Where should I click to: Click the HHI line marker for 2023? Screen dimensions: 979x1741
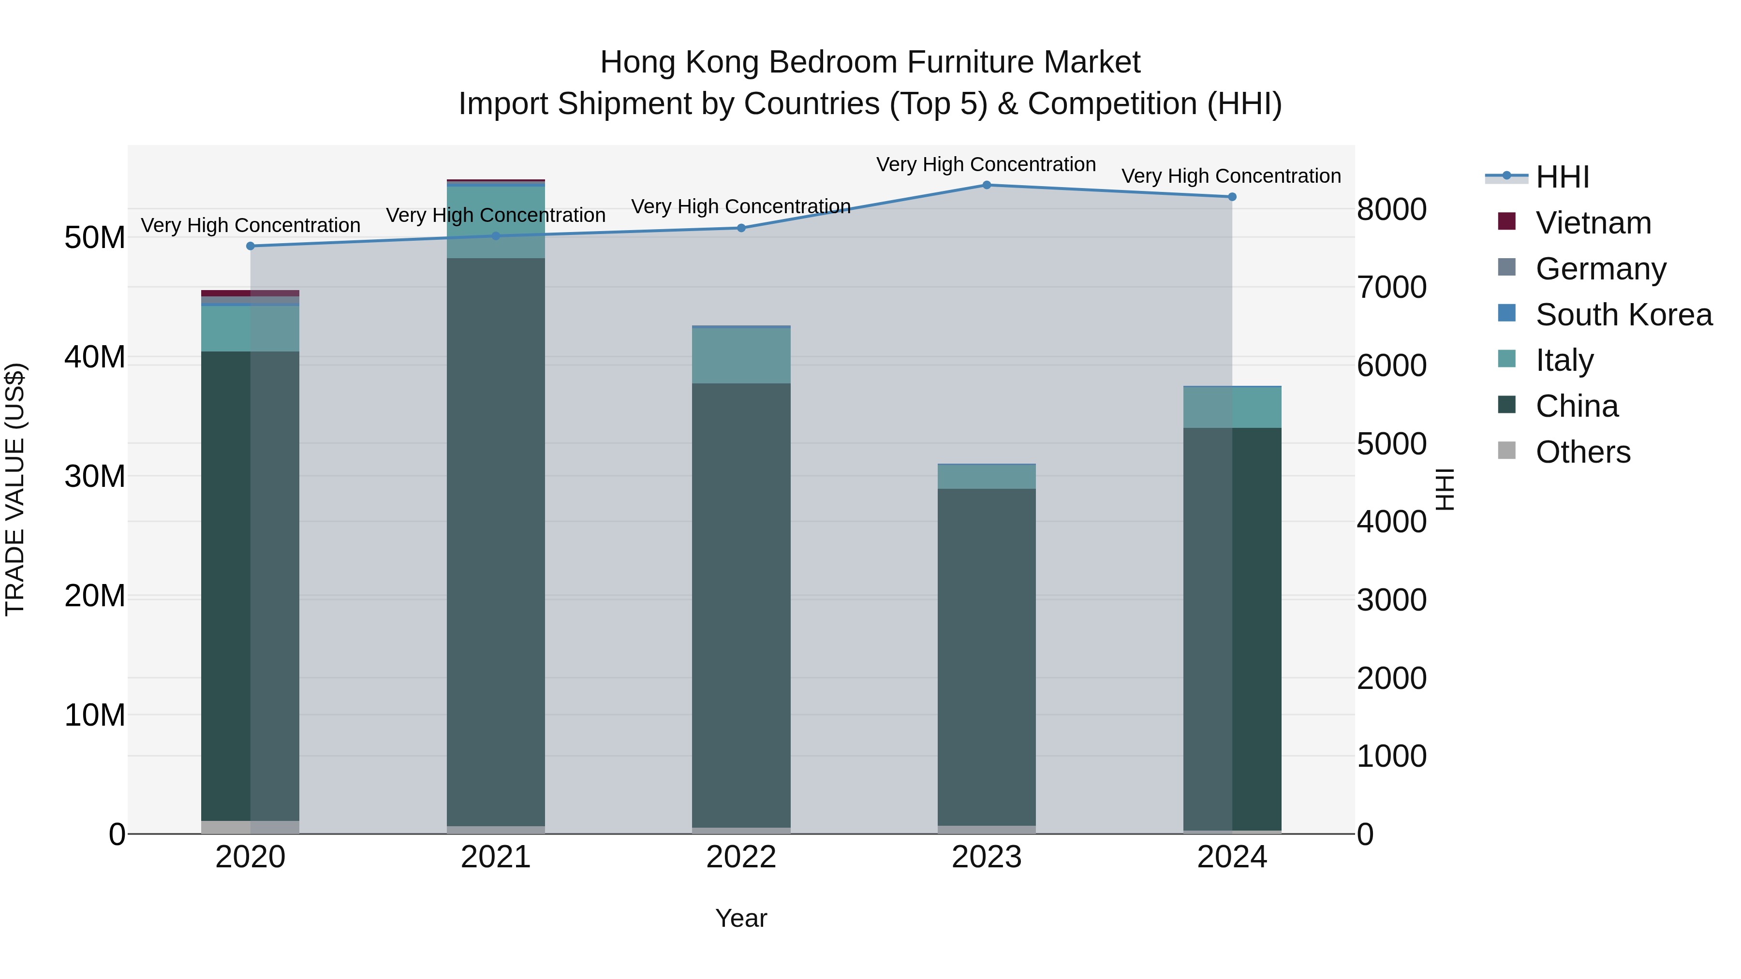point(986,185)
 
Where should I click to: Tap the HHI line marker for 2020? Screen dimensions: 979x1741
point(251,246)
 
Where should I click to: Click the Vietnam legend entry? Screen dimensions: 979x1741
point(1593,223)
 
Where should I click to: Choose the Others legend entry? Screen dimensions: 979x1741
point(1582,452)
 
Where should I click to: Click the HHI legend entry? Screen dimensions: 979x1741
point(1562,177)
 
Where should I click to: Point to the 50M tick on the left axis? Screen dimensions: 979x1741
point(95,238)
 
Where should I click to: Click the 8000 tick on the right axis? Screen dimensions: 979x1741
point(1391,209)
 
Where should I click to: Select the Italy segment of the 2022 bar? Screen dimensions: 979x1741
point(741,356)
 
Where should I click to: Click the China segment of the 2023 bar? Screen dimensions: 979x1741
point(986,656)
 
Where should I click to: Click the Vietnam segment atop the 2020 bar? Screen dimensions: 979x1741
point(251,293)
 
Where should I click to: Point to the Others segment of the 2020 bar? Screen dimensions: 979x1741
point(251,827)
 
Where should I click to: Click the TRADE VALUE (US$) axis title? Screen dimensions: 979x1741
point(15,489)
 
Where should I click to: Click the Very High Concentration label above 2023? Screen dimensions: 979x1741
point(986,165)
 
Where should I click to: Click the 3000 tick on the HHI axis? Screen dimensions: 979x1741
point(1391,600)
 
